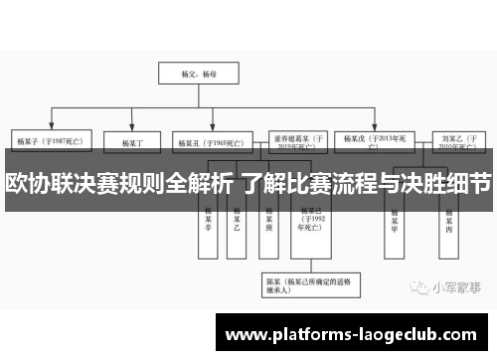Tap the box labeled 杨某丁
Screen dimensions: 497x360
132,143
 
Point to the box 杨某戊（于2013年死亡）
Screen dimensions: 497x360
376,142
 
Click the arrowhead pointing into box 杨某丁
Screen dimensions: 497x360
131,130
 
